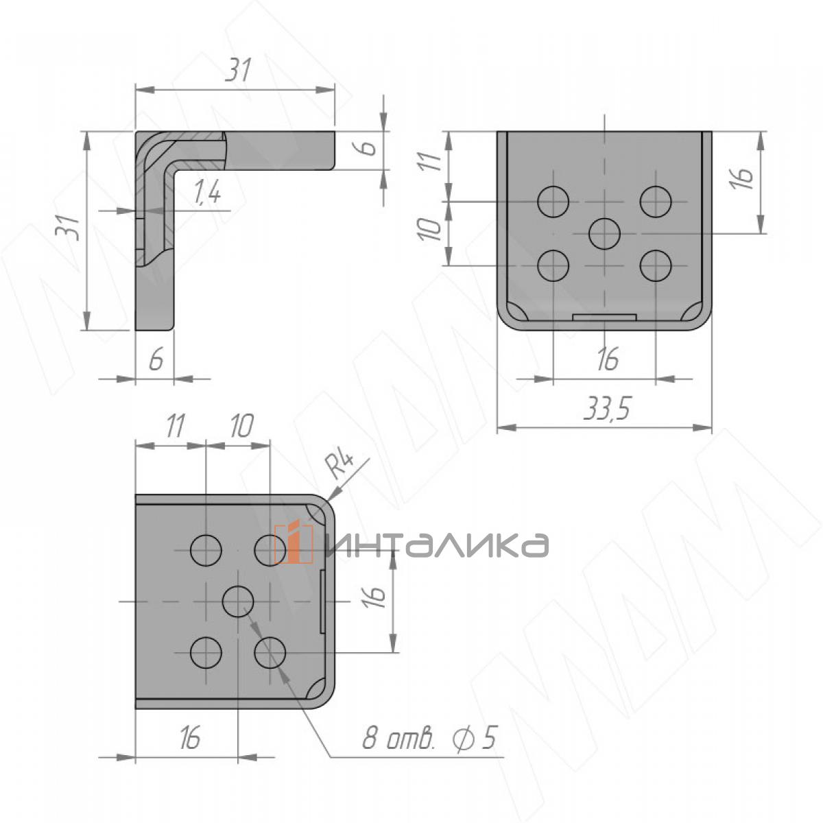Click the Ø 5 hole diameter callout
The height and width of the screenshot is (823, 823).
click(x=474, y=739)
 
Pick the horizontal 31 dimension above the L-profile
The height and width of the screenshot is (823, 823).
click(x=239, y=71)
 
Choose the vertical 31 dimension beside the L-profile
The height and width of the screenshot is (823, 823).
click(x=68, y=227)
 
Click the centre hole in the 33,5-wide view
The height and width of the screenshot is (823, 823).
click(x=605, y=233)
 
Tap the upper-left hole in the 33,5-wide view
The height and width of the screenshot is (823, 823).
click(x=553, y=202)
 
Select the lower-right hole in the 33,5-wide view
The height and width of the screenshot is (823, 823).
click(x=656, y=265)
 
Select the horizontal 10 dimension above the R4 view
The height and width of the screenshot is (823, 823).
click(x=239, y=427)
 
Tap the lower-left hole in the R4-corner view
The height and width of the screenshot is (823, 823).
click(x=205, y=653)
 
